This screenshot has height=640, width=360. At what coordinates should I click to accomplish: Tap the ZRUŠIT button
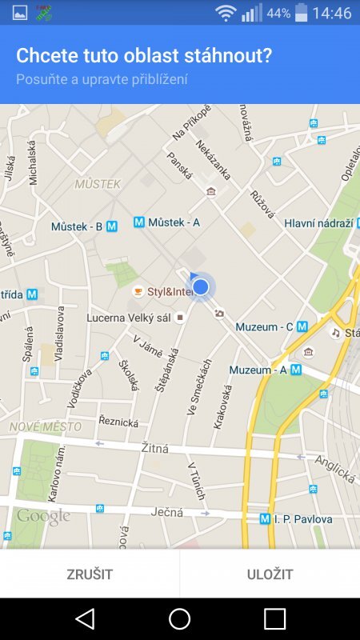pos(90,574)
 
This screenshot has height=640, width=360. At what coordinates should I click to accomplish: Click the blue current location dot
pos(201,286)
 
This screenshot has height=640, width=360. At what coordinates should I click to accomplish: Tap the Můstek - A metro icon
pos(139,222)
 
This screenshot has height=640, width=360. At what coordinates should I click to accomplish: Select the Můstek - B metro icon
pos(112,226)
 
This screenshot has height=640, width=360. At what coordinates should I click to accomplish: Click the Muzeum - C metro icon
pos(302,326)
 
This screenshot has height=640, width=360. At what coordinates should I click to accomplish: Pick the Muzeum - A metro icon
pos(296,370)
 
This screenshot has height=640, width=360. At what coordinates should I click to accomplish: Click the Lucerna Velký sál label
pos(129,318)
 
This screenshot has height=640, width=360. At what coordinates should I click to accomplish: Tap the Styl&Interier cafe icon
pos(138,291)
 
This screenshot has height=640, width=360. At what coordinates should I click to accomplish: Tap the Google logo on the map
pos(43,517)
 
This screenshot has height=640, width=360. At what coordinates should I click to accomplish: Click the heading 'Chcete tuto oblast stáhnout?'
pos(145,56)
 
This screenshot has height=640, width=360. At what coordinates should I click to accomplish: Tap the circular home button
pos(179,618)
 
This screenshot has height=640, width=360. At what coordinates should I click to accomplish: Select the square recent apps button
pos(274,618)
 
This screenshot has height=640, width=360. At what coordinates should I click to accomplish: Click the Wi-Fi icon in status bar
pos(226,13)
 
